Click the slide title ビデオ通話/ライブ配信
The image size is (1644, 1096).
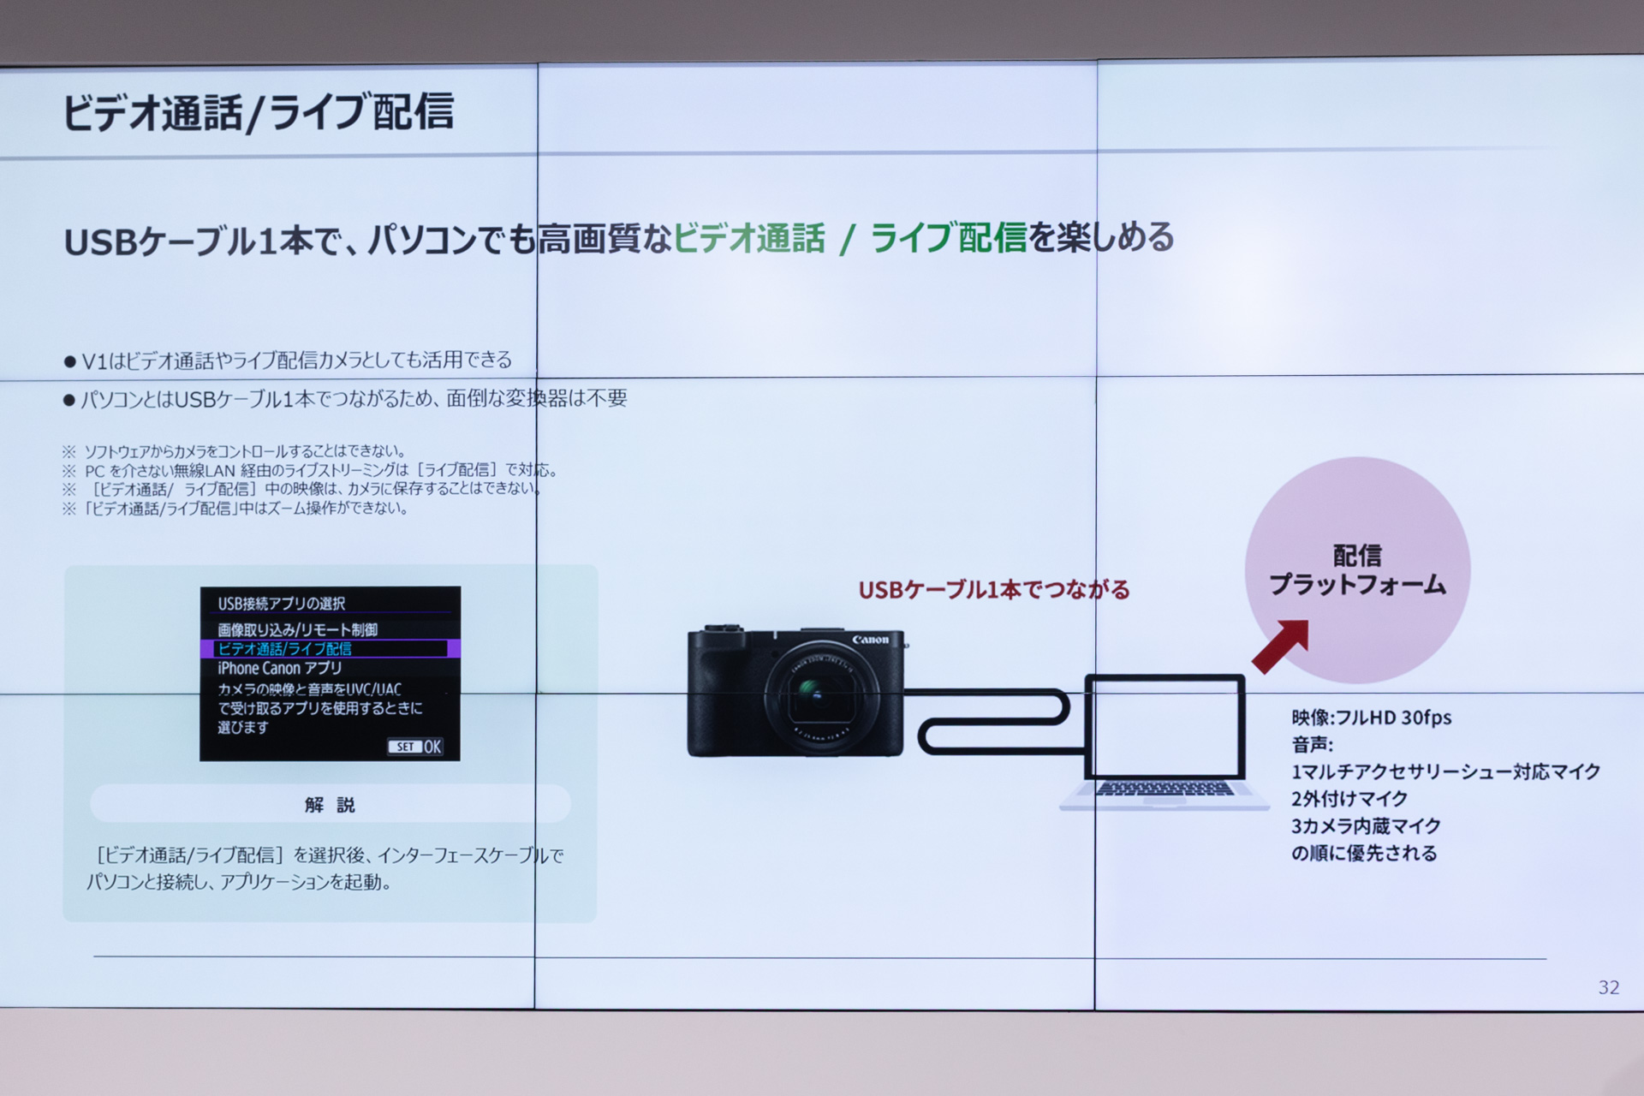[x=258, y=112]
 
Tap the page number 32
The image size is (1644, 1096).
[x=1608, y=987]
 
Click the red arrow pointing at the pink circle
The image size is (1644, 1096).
[x=1281, y=645]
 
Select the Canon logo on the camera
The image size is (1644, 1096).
[x=870, y=640]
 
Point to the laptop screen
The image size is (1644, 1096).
[x=1164, y=728]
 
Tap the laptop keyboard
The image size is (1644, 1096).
[x=1164, y=789]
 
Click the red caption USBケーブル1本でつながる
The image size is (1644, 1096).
[x=993, y=590]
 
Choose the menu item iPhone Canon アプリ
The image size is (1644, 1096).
[x=279, y=669]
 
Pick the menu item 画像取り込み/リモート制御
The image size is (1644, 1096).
[x=297, y=629]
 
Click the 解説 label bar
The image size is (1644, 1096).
[x=330, y=804]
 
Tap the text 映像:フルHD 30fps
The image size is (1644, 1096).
[x=1371, y=718]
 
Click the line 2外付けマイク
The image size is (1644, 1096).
[x=1349, y=799]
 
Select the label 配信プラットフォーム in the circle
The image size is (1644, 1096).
[x=1357, y=570]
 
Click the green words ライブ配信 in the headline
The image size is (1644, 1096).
[x=948, y=238]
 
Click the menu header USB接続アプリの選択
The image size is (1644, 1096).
[x=281, y=604]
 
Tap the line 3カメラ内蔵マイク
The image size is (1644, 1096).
[x=1366, y=826]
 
